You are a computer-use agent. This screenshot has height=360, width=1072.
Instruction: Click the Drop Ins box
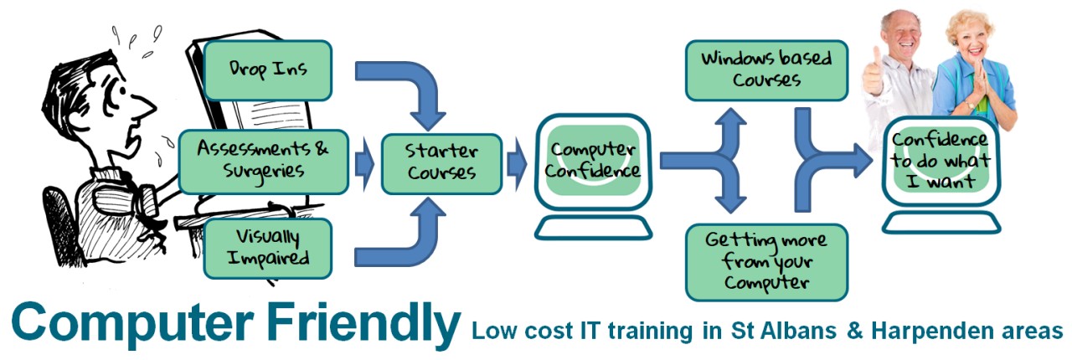coord(268,70)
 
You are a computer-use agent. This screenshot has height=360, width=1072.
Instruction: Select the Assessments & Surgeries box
coord(263,162)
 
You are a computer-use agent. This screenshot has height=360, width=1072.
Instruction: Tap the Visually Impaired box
coord(268,249)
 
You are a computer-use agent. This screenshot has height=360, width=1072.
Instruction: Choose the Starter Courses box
coord(441,164)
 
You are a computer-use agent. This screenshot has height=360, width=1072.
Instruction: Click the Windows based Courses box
coord(766,70)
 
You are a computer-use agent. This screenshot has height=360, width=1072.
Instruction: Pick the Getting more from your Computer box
coord(766,262)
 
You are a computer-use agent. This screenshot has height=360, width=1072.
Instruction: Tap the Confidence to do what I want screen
coord(941,161)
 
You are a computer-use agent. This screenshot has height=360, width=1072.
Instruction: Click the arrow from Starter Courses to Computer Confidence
coord(517,164)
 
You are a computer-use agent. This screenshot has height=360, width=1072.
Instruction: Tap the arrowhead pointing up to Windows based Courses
coord(730,120)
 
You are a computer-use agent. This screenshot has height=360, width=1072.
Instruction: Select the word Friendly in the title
coord(363,326)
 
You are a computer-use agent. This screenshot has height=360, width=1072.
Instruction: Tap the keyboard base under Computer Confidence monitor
coord(594,228)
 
